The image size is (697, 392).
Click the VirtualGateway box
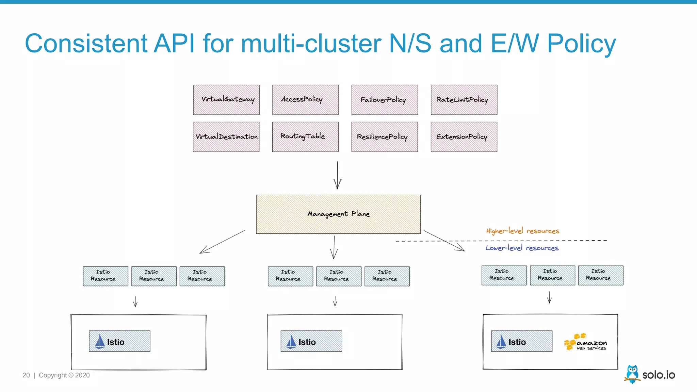tap(226, 100)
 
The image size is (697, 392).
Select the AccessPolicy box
tap(305, 100)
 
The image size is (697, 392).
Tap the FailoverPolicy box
tap(385, 100)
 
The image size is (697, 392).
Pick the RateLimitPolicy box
tap(464, 100)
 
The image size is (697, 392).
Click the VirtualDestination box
tap(226, 137)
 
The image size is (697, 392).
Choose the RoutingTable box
tap(305, 137)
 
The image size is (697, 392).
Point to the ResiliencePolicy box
tap(385, 137)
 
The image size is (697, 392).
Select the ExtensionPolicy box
tap(464, 137)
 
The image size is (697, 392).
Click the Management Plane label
tap(338, 214)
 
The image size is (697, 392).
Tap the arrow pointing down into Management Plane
tap(337, 175)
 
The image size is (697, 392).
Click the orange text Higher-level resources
tap(522, 231)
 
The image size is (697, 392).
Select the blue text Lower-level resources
tap(522, 248)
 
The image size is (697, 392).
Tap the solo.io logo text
tap(659, 375)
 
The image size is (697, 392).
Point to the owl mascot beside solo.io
tap(632, 374)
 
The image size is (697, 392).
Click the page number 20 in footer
tap(26, 375)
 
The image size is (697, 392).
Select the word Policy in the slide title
tap(581, 44)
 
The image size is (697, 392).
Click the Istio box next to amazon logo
tap(521, 341)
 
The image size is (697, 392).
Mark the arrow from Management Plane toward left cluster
tap(222, 242)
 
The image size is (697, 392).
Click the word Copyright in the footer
tap(53, 375)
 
